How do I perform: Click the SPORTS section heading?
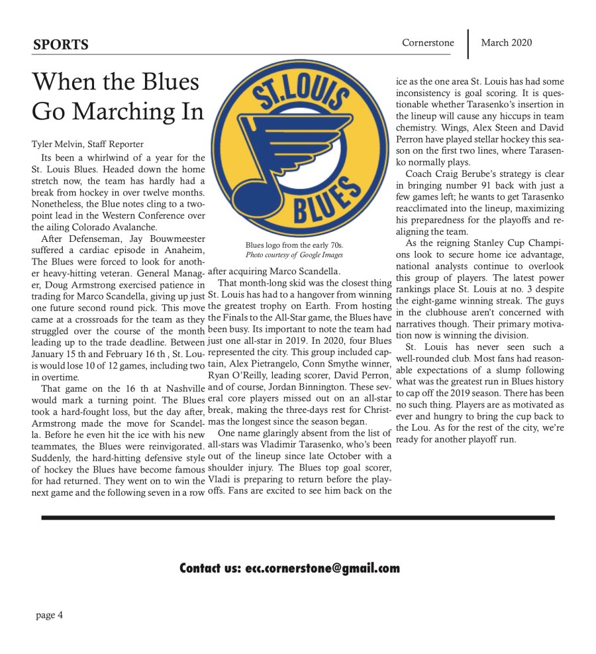pyautogui.click(x=60, y=45)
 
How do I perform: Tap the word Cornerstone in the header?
pyautogui.click(x=428, y=43)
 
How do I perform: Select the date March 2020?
pyautogui.click(x=506, y=43)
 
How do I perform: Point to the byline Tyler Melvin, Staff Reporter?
pyautogui.click(x=87, y=144)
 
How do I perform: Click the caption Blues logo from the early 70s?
pyautogui.click(x=294, y=245)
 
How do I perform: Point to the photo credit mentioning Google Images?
pyautogui.click(x=294, y=254)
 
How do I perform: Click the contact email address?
pyautogui.click(x=322, y=569)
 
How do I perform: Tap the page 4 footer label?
pyautogui.click(x=50, y=615)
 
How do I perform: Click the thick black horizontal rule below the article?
pyautogui.click(x=298, y=518)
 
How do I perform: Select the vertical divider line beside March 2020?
pyautogui.click(x=468, y=44)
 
